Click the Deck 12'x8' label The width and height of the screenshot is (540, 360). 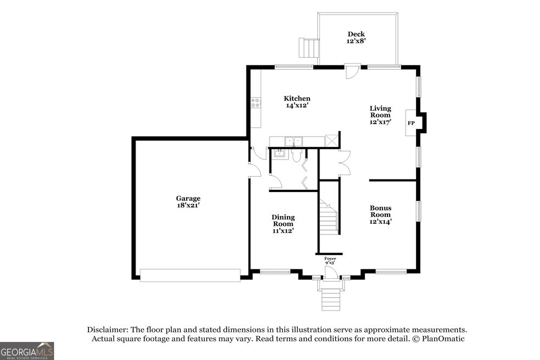pos(356,37)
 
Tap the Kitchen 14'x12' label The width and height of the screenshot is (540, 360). pos(297,102)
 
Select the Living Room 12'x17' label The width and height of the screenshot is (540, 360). pos(380,115)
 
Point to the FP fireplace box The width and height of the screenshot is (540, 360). pos(411,123)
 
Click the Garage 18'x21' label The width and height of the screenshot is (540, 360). pos(188,201)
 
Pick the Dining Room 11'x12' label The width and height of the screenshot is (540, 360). pos(283,224)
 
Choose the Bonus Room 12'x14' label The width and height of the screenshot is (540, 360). pos(380,215)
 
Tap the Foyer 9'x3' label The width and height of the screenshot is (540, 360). pos(330,261)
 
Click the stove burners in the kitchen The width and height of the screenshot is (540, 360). pos(256,103)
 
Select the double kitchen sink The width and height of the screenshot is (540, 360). pos(294,141)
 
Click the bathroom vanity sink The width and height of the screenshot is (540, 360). pos(280,154)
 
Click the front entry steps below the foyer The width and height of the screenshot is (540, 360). pos(331,299)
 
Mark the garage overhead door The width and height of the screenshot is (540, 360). pos(190,275)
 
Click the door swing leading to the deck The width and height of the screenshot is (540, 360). pos(352,72)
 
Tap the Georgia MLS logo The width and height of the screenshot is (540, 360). pos(27,351)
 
